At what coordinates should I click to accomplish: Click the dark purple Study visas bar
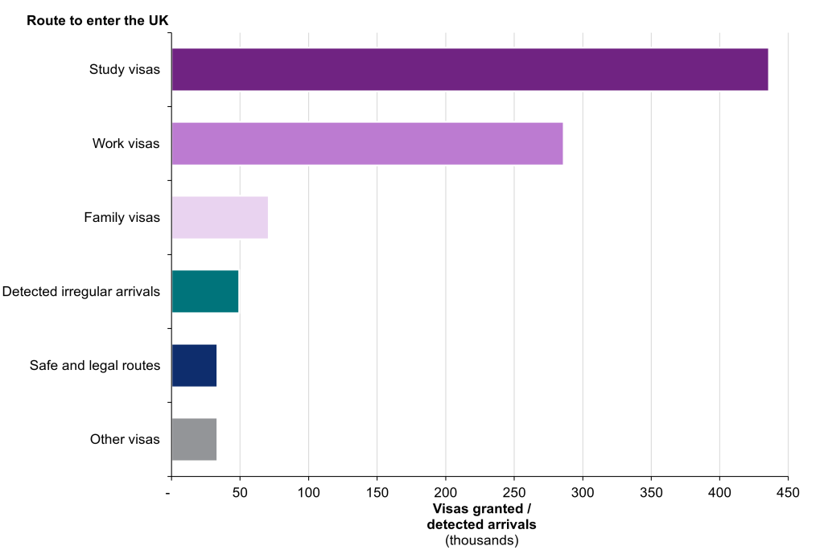(470, 69)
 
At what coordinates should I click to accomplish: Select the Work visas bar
(367, 144)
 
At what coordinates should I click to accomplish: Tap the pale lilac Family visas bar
(220, 217)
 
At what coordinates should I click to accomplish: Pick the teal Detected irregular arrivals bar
(205, 291)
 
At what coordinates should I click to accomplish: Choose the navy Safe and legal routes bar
(194, 365)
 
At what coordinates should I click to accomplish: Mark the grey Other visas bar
(194, 439)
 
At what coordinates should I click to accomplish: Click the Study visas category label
(125, 69)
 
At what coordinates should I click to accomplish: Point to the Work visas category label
(126, 144)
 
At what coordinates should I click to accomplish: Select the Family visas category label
(122, 217)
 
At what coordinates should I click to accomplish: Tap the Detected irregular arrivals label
(81, 291)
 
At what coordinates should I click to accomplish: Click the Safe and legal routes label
(95, 365)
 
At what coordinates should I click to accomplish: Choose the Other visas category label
(125, 439)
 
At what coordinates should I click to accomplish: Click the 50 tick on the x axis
(240, 491)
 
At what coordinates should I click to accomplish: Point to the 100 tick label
(308, 491)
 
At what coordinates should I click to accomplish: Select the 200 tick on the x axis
(446, 491)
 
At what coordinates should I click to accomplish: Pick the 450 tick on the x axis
(789, 491)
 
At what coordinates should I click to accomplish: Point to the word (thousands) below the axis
(482, 540)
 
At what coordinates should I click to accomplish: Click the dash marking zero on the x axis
(170, 491)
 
